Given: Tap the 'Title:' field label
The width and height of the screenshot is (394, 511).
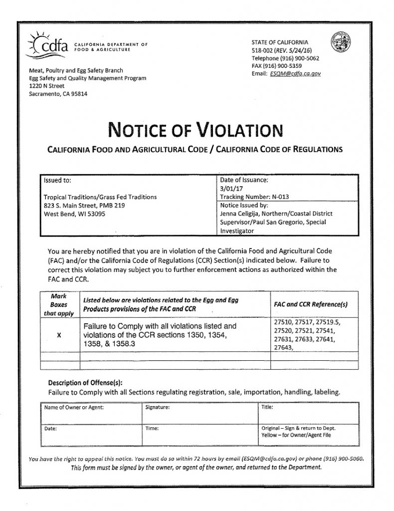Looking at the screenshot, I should pos(267,408).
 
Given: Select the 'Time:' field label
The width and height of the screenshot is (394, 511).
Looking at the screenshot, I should pos(152,428).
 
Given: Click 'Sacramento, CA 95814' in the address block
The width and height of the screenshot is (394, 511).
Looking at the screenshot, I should pos(58,93).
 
